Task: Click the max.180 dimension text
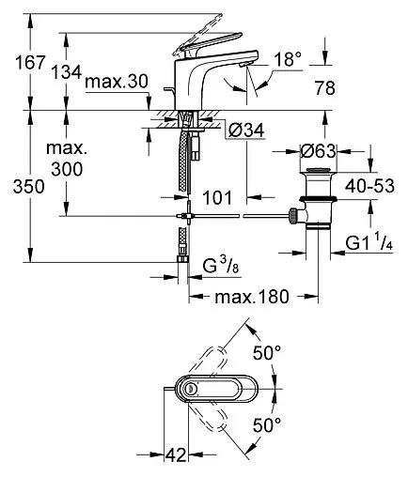pos(248,298)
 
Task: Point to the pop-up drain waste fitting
pos(315,203)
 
